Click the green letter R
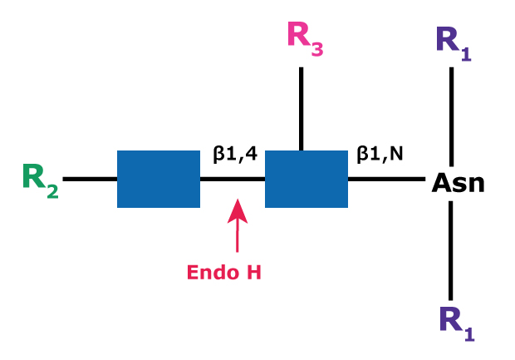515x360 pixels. point(34,177)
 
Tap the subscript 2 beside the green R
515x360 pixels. point(52,191)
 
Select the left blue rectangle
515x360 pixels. point(158,179)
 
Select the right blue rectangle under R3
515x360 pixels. point(306,179)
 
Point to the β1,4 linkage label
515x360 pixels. point(235,154)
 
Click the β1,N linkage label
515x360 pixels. point(380,154)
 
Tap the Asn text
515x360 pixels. point(458,181)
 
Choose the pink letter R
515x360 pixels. point(298,35)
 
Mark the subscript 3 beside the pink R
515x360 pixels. point(317,48)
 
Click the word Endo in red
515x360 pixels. point(207,273)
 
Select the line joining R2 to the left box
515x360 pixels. point(90,179)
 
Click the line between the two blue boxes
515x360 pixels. point(233,179)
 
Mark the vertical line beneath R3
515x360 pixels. point(301,108)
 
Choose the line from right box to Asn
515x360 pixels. point(386,179)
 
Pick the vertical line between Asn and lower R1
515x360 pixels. point(452,249)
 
